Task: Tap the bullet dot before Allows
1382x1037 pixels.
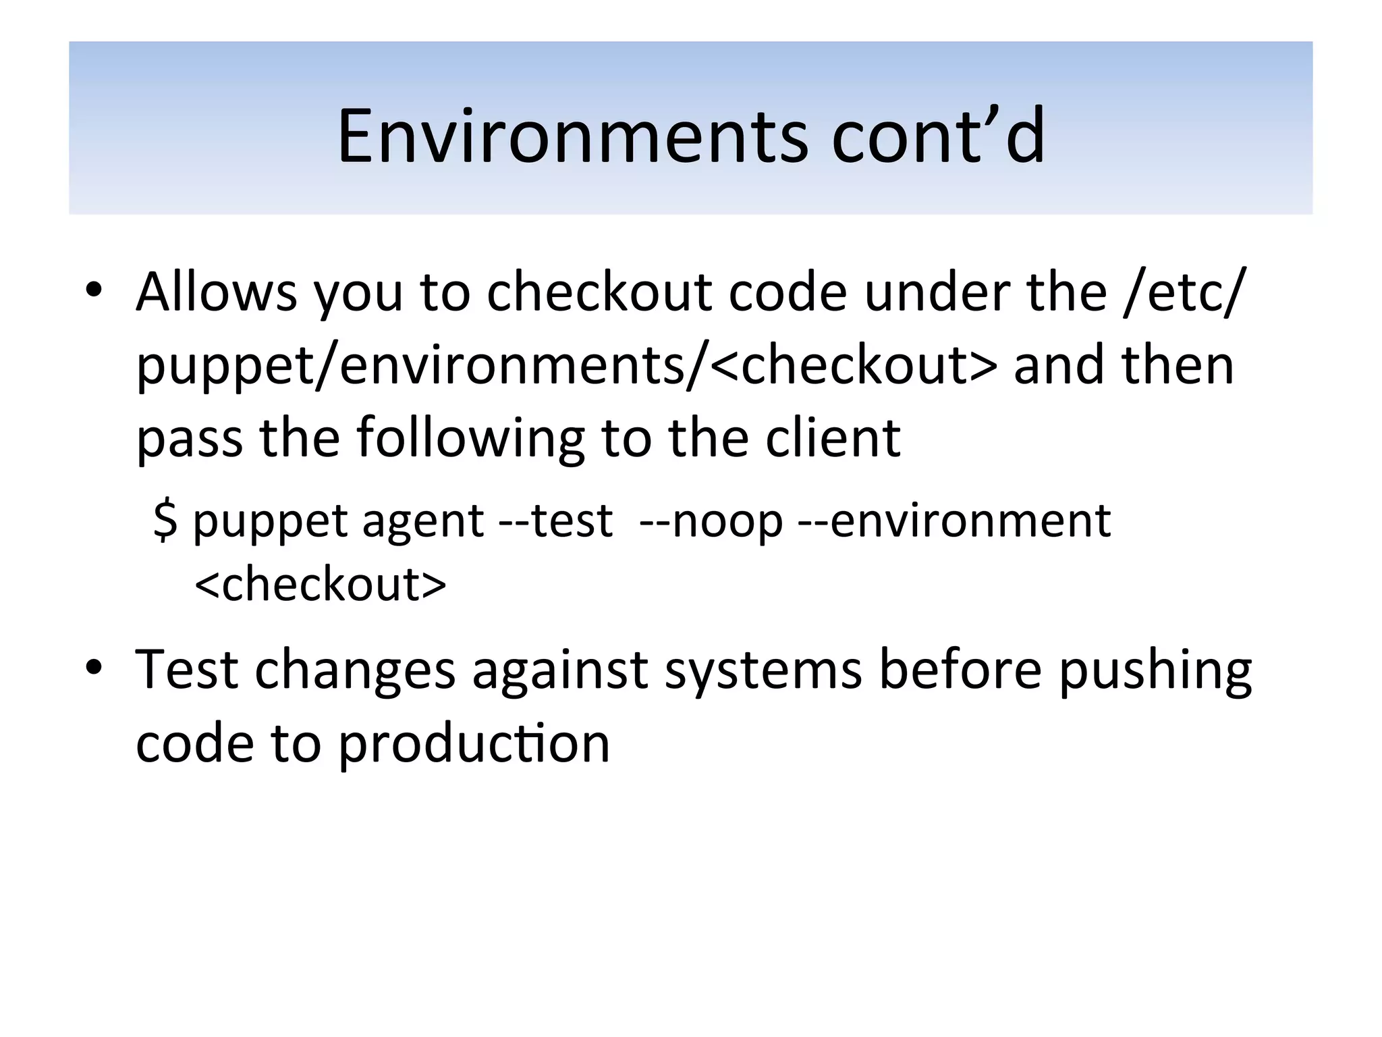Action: pyautogui.click(x=94, y=290)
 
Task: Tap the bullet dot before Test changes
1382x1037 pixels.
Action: pyautogui.click(x=94, y=668)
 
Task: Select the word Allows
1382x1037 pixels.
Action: pyautogui.click(x=217, y=292)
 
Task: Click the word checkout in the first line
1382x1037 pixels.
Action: pyautogui.click(x=599, y=292)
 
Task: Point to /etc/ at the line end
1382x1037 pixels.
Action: pyautogui.click(x=1185, y=292)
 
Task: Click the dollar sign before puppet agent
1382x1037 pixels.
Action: pyautogui.click(x=165, y=521)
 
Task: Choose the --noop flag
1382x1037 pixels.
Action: pyautogui.click(x=711, y=521)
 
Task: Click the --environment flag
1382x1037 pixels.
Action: pyautogui.click(x=953, y=521)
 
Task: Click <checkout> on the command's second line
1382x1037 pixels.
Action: pyautogui.click(x=320, y=584)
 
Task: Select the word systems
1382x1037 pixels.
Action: pyautogui.click(x=763, y=670)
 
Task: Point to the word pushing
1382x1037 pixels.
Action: pyautogui.click(x=1155, y=671)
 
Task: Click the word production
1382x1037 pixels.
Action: pyautogui.click(x=474, y=744)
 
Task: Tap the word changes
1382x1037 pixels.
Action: pyautogui.click(x=355, y=671)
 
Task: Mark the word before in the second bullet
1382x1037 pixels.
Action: pyautogui.click(x=960, y=670)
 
